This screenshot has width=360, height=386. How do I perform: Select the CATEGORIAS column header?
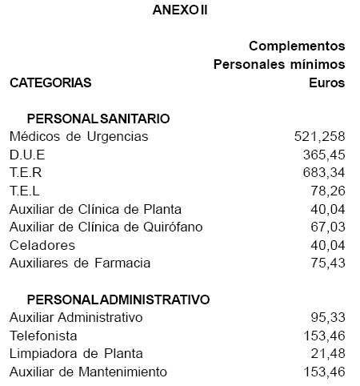[x=50, y=82]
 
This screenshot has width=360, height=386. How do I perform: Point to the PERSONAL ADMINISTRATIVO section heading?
[x=118, y=300]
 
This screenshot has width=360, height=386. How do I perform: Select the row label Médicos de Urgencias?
[x=78, y=136]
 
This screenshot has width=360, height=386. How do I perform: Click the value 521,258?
[x=320, y=136]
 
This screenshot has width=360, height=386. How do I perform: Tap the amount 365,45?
[x=324, y=155]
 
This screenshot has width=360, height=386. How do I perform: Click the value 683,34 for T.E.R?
[x=324, y=172]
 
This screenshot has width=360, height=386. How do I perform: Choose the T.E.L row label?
[x=25, y=191]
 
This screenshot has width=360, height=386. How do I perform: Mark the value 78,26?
[x=328, y=191]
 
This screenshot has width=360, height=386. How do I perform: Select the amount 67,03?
[x=328, y=227]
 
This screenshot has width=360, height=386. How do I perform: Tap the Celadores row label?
[x=42, y=245]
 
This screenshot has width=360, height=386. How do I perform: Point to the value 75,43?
[x=328, y=263]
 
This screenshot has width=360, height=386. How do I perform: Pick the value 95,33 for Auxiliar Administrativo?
[x=328, y=318]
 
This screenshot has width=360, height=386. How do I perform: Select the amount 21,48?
[x=328, y=354]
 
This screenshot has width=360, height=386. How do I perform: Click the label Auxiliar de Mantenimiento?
[x=88, y=372]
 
